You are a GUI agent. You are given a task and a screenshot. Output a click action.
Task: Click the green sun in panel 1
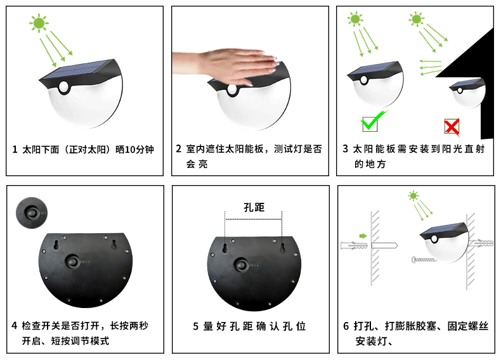39,23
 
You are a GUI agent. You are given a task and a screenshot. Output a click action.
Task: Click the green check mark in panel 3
373,120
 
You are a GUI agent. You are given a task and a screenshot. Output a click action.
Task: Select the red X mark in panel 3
452,127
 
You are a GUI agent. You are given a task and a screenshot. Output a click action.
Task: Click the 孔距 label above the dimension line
254,207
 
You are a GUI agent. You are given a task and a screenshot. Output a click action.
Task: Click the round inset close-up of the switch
32,213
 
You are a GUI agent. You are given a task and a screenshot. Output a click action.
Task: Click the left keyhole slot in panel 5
225,248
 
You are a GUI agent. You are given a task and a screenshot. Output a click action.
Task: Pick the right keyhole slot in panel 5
282,248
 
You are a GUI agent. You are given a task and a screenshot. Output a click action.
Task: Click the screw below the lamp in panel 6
424,259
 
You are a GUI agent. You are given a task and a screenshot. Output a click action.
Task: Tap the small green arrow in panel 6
363,236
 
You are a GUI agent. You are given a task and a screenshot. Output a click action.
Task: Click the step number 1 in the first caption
15,149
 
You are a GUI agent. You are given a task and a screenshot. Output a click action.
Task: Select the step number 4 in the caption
15,326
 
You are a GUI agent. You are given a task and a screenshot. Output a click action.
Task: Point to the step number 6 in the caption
346,326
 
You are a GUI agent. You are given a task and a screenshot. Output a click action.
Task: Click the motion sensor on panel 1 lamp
64,87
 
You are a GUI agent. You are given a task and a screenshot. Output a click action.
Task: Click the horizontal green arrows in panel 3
431,67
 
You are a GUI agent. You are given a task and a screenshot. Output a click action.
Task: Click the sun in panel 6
413,195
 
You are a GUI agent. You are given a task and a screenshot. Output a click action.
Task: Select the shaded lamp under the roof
467,92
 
